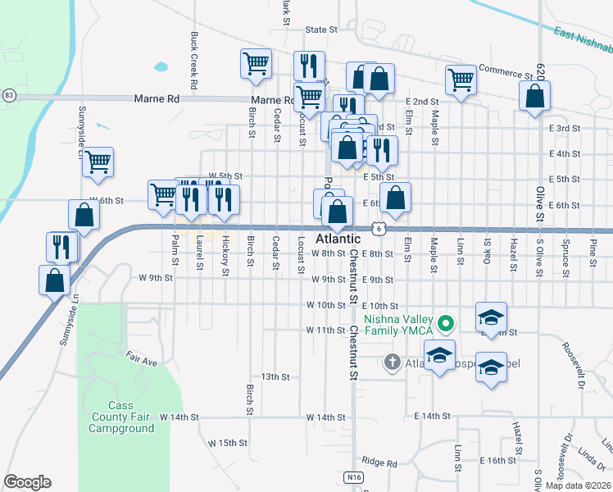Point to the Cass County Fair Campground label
click(x=121, y=417)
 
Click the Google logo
click(x=27, y=482)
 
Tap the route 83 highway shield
click(x=8, y=96)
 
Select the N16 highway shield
click(x=353, y=476)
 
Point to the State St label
click(x=321, y=30)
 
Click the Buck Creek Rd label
click(x=193, y=61)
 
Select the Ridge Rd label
click(x=379, y=462)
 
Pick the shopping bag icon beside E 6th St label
click(x=395, y=198)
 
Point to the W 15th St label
click(x=227, y=443)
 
